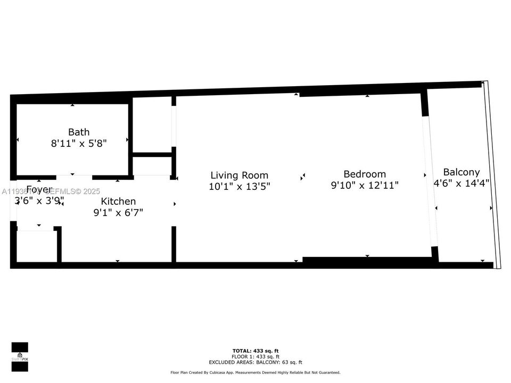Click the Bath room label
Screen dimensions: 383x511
[79, 132]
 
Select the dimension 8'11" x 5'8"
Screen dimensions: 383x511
[79, 143]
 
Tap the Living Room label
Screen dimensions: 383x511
[239, 175]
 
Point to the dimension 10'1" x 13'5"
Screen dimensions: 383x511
[239, 186]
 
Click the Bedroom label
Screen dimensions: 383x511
[364, 174]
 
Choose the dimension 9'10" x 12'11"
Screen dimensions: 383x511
[364, 185]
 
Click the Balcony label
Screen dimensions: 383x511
[461, 172]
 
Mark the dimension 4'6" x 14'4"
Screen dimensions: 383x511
[462, 183]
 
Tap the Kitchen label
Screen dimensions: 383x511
[118, 201]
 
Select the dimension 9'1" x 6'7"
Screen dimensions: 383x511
[118, 212]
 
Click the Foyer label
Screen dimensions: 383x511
[39, 189]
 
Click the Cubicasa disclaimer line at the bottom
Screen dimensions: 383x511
[255, 372]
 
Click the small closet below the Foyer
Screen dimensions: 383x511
[37, 246]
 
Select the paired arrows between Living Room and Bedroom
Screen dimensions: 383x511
[303, 176]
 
